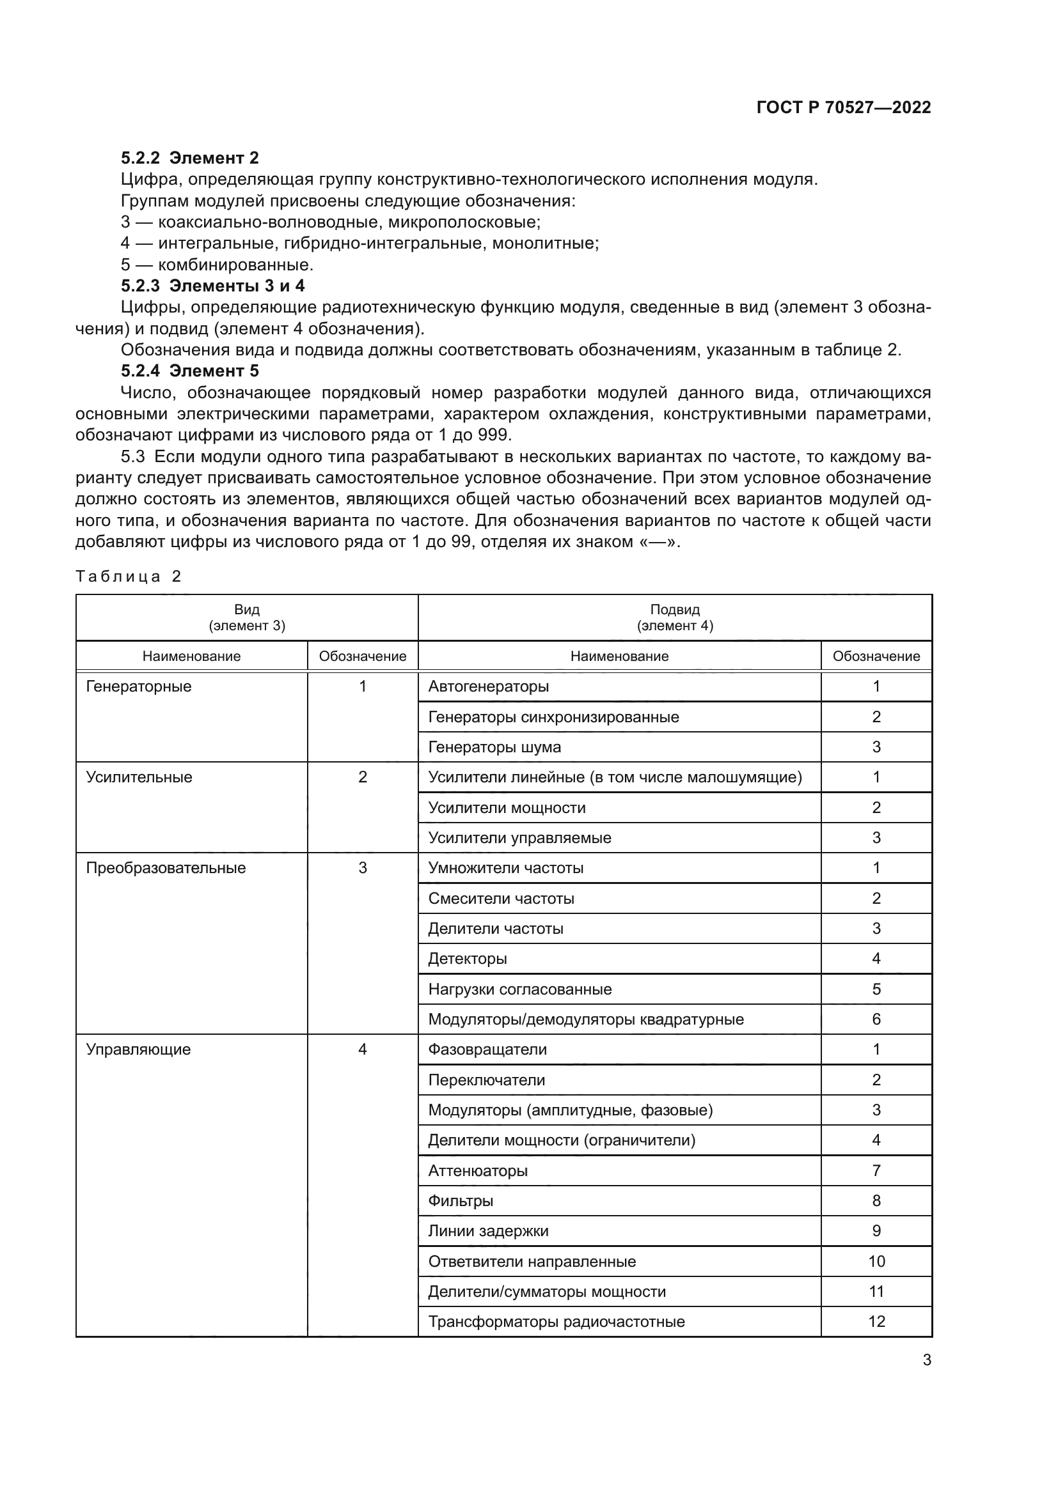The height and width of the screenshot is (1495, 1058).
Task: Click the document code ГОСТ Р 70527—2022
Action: click(x=844, y=107)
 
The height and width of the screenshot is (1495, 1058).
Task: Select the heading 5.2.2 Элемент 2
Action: click(x=189, y=158)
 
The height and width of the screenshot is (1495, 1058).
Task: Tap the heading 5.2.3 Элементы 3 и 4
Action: click(x=212, y=286)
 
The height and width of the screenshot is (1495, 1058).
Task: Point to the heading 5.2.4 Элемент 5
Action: click(x=189, y=371)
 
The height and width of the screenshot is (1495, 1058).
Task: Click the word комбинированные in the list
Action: click(x=235, y=265)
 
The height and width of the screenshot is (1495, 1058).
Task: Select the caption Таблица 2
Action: click(x=129, y=577)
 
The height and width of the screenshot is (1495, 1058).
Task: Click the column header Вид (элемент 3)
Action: click(x=247, y=617)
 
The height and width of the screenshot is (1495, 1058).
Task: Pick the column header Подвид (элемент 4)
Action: click(x=674, y=617)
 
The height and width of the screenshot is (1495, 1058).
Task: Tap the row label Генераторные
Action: click(x=139, y=686)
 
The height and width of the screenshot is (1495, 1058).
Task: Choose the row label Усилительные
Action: click(x=139, y=777)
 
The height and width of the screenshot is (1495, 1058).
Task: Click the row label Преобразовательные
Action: click(x=166, y=868)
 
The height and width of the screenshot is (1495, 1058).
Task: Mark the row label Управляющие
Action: click(x=138, y=1050)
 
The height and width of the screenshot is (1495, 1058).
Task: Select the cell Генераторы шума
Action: click(x=494, y=747)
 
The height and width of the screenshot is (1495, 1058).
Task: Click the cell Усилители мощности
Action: click(x=507, y=807)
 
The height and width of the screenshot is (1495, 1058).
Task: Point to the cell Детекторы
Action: click(x=467, y=959)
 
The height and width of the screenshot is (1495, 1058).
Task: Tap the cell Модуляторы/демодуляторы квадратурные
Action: click(x=586, y=1019)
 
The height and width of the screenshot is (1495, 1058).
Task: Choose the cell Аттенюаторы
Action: click(x=478, y=1171)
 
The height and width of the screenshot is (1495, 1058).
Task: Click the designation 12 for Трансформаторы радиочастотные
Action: click(x=876, y=1322)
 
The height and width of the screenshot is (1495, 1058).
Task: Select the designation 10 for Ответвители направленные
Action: click(x=876, y=1261)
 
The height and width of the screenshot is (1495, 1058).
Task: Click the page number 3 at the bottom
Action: click(x=926, y=1360)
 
